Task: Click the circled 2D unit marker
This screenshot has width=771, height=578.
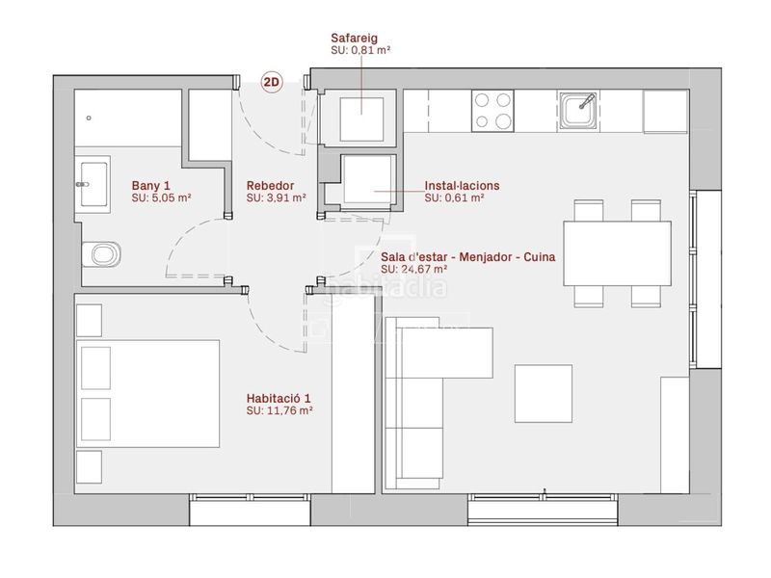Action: click(272, 82)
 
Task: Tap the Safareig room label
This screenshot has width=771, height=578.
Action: click(354, 38)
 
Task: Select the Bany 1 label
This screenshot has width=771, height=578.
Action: click(151, 186)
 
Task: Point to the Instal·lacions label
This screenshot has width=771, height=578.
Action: click(463, 186)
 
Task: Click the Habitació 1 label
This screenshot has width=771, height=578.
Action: click(279, 398)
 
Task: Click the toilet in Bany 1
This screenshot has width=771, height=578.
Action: click(101, 254)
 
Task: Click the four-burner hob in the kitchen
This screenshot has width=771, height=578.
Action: click(492, 111)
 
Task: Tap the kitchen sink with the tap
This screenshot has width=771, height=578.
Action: click(579, 110)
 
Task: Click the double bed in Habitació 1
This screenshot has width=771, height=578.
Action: click(148, 394)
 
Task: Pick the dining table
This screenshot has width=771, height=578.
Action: click(618, 253)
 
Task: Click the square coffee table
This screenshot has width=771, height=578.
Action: click(544, 394)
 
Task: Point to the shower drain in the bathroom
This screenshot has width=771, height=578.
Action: click(89, 118)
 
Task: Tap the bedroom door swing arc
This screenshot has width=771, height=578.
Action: click(266, 335)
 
